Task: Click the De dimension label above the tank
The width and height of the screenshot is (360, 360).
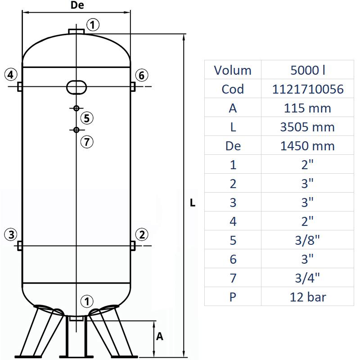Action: coord(77,5)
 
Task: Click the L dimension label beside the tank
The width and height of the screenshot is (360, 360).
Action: coord(193,203)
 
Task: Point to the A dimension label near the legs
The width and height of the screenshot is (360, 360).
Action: coord(159,337)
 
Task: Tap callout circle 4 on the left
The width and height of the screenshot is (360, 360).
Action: coord(11,74)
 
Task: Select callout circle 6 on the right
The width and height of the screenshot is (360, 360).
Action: coord(141,75)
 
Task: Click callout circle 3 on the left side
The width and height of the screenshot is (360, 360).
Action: coord(11,234)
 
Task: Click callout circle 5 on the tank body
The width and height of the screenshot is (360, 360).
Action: coord(87,118)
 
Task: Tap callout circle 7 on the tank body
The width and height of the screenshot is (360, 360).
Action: coord(87,142)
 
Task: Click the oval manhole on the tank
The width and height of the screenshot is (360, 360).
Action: coord(76,86)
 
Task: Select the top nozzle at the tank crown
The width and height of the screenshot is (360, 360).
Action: coord(76,31)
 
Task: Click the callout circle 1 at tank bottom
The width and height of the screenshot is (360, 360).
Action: coord(87,301)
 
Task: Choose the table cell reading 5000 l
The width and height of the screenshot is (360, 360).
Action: coord(308,70)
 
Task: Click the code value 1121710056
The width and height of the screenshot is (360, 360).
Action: coord(308,89)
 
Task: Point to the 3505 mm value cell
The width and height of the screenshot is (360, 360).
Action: coord(308,127)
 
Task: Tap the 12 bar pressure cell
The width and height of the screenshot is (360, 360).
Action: coord(308,297)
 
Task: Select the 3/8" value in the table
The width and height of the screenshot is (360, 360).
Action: coord(308,240)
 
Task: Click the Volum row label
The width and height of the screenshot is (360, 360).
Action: coord(233,70)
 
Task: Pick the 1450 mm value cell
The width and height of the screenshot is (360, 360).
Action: coord(308,146)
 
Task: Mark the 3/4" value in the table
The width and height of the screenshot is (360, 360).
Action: coord(308,278)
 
